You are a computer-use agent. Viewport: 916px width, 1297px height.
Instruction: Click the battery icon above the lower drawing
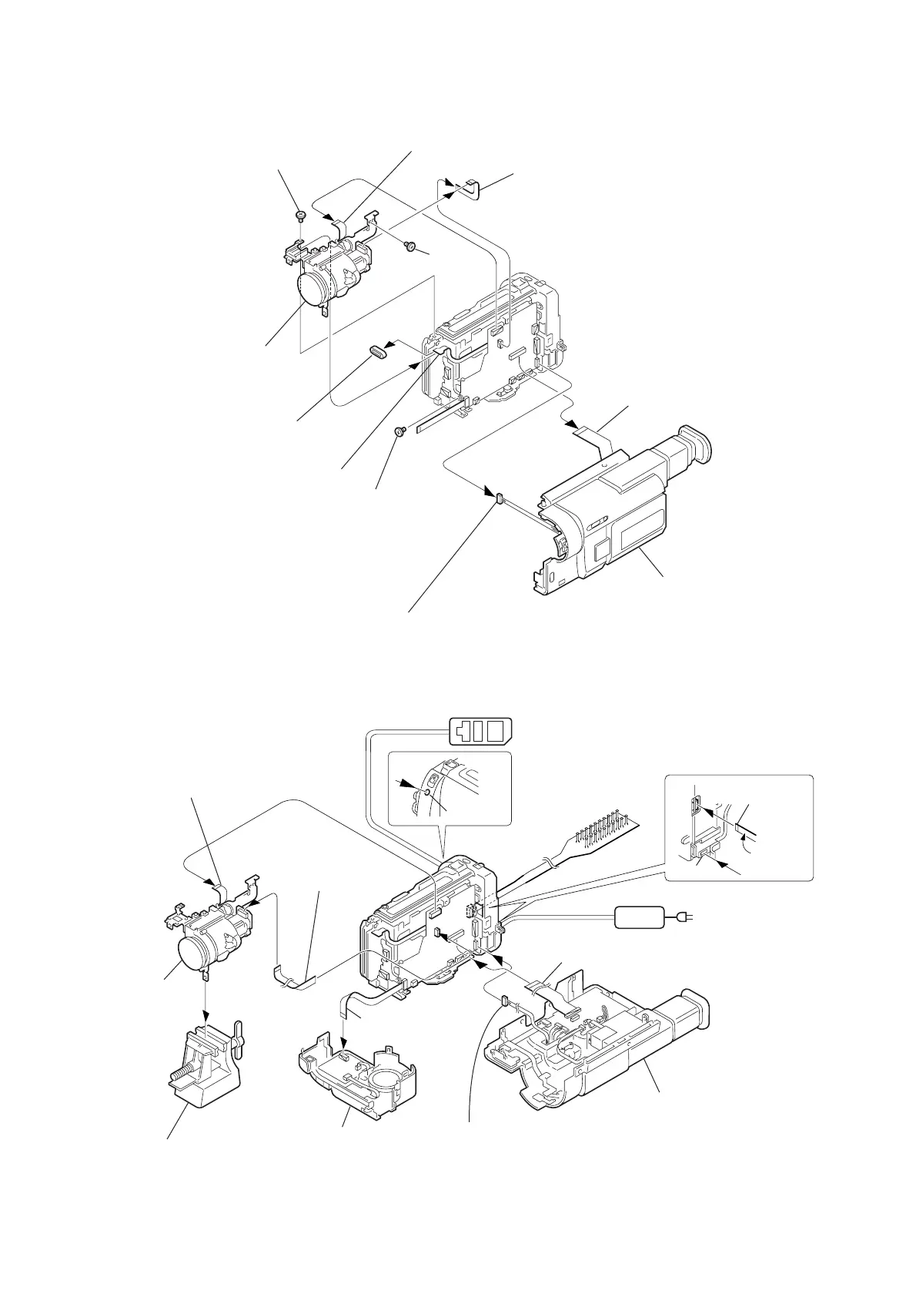pos(480,730)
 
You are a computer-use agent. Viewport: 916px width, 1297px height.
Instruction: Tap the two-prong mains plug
pos(684,917)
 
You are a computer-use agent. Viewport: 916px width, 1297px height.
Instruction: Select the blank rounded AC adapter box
pos(639,917)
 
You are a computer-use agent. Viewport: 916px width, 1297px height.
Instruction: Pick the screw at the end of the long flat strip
pos(400,433)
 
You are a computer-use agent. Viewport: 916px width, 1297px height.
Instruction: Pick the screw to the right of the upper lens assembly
pos(411,246)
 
